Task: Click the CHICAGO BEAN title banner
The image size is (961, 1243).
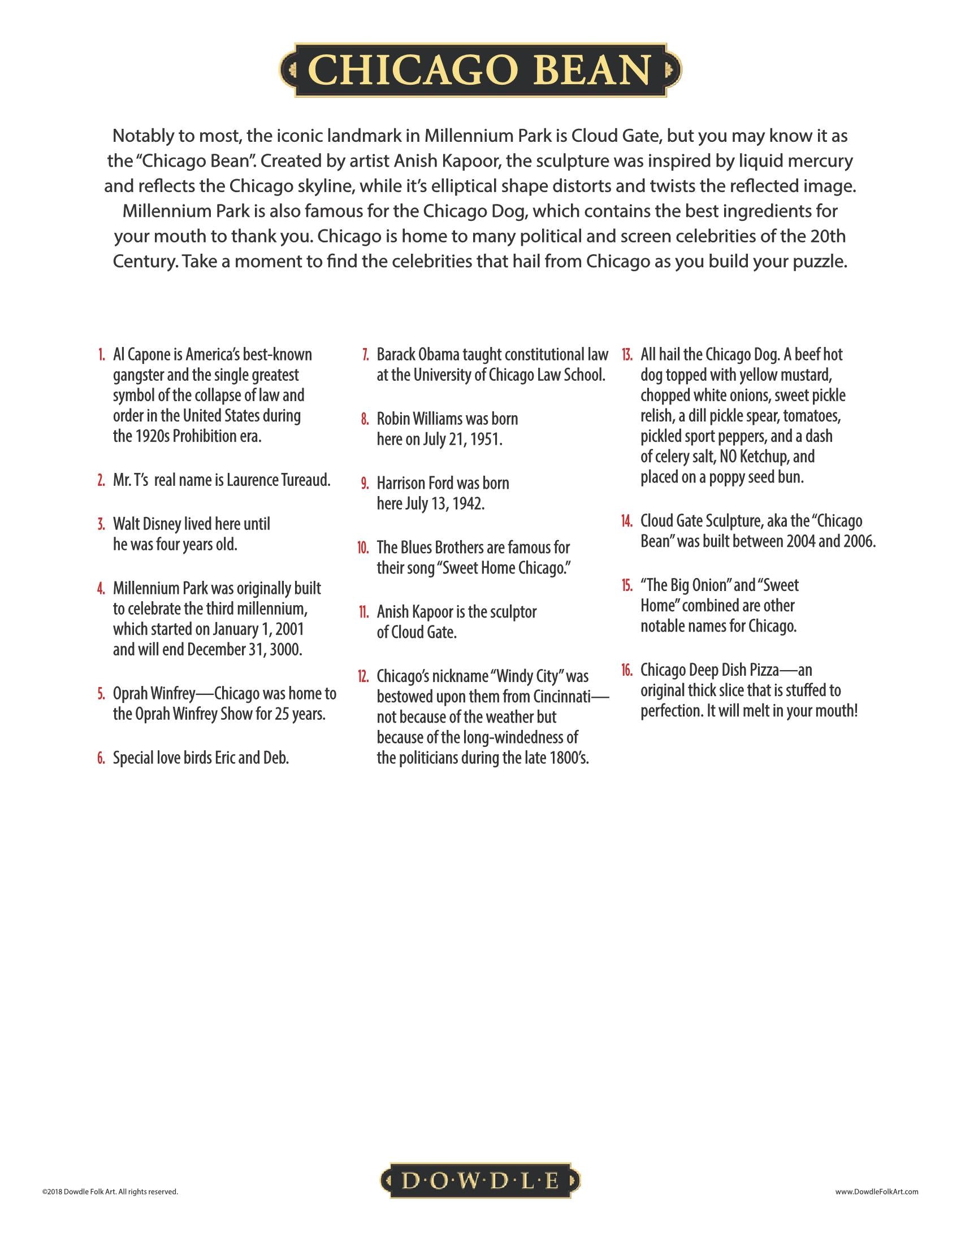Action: click(x=480, y=70)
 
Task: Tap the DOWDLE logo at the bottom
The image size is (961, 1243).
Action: click(x=480, y=1180)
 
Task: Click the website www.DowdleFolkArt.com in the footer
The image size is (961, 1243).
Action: click(x=876, y=1191)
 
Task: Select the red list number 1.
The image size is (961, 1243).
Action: click(x=101, y=355)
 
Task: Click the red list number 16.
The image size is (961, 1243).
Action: click(x=627, y=671)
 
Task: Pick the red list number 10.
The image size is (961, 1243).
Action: click(x=363, y=548)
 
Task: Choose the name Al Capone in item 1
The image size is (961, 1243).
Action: click(x=141, y=355)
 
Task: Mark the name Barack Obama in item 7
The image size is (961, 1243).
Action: click(x=418, y=355)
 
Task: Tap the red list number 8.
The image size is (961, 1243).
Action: click(x=365, y=419)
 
